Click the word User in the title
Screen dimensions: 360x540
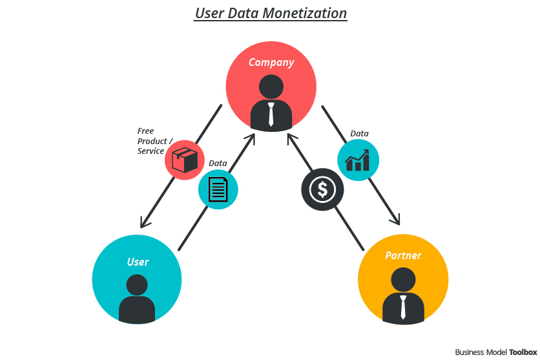210,14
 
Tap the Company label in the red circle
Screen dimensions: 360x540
271,63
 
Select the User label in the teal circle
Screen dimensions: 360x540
138,262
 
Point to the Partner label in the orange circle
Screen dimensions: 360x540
403,255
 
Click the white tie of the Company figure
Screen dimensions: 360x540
271,114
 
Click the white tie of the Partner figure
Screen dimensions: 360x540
403,307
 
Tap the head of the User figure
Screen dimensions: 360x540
137,285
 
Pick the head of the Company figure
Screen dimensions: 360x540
271,87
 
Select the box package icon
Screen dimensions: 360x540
185,160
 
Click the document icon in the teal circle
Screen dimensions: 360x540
218,189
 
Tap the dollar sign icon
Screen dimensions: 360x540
322,189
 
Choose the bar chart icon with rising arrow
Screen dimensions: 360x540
358,160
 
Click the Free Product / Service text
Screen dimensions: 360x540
155,141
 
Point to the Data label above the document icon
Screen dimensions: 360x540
218,164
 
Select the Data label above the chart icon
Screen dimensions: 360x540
359,134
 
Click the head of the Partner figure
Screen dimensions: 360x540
403,280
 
